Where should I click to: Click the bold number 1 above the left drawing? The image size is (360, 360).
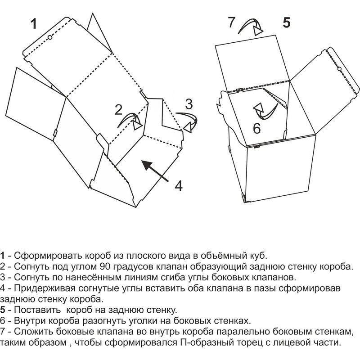coord(34,24)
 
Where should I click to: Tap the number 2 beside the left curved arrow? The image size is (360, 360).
coord(118,110)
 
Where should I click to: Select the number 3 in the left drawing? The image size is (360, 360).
coord(189,104)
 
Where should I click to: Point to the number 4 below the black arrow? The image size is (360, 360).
coord(179,186)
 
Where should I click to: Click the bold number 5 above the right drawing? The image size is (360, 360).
coord(286,23)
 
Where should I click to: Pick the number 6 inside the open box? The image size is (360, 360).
coord(256,128)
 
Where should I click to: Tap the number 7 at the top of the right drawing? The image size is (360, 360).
coord(231,22)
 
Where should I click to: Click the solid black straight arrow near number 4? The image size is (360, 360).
coord(155,171)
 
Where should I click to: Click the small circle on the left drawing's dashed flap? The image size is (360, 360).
coord(50,37)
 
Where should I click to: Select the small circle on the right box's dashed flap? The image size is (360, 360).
coord(340,69)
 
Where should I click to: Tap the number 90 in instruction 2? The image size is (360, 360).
coord(105,266)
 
